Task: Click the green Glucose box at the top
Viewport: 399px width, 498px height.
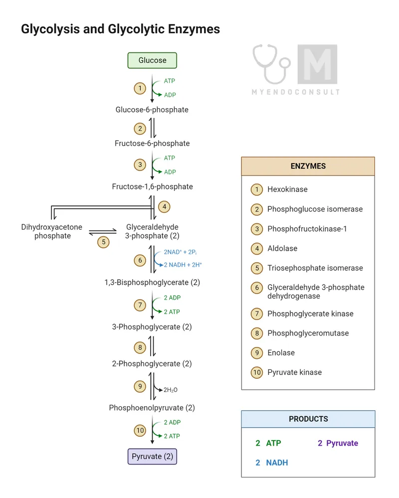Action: (152, 60)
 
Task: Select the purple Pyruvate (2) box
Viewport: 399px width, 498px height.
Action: (152, 456)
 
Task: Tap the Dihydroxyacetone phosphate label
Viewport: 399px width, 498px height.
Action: (52, 231)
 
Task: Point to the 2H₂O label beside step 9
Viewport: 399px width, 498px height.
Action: (171, 390)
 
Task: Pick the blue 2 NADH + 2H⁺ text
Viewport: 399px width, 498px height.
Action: (183, 265)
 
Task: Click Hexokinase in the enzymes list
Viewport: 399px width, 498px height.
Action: (287, 189)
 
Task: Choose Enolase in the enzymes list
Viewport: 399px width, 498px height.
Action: (281, 352)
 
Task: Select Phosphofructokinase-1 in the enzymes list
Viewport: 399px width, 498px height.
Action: (307, 229)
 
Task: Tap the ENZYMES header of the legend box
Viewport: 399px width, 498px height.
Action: (308, 166)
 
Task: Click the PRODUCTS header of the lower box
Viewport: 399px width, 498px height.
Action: (308, 419)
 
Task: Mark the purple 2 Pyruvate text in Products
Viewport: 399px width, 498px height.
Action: (338, 443)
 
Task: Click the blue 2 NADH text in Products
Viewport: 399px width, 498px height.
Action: (272, 463)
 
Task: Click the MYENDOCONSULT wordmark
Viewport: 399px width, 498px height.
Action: (296, 92)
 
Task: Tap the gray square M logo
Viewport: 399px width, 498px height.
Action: (317, 64)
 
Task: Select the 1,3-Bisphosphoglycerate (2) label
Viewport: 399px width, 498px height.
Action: (152, 282)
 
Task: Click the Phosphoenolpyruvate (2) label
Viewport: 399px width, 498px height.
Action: (152, 408)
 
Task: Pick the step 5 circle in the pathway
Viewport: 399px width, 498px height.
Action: (103, 242)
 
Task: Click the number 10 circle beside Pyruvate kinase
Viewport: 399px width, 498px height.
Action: (257, 372)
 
